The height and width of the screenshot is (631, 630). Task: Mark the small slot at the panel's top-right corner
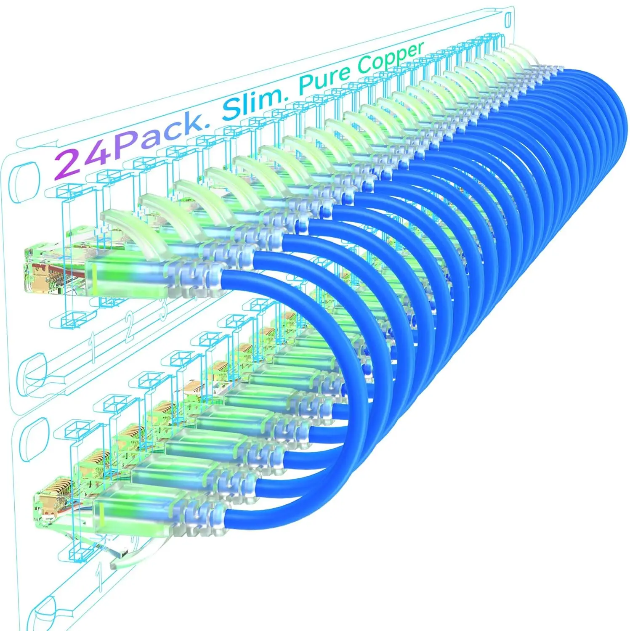pos(508,19)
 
